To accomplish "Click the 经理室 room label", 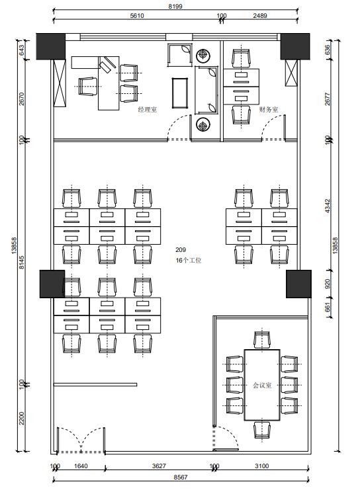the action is pos(148,110).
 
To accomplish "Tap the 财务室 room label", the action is pos(269,110).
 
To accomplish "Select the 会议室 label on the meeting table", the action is pos(262,386).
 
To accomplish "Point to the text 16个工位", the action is pos(189,260).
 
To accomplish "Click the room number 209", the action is pos(181,250).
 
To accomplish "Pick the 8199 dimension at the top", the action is pos(175,6).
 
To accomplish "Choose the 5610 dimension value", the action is pos(137,15).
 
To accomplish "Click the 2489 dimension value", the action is pos(260,15).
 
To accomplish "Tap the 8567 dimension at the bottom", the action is pos(180,477).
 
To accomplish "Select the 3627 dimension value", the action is pos(159,466).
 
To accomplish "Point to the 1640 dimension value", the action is pos(81,466).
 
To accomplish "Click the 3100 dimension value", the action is pos(261,466).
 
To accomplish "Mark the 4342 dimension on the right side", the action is pos(328,206).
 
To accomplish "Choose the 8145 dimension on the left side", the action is pos(21,262).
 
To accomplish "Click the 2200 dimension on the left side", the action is pos(21,418).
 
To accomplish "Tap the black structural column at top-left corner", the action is pos(50,46).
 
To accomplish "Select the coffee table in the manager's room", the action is pos(180,93).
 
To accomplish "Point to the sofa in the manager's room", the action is pos(206,90).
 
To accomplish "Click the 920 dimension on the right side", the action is pos(328,284).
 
